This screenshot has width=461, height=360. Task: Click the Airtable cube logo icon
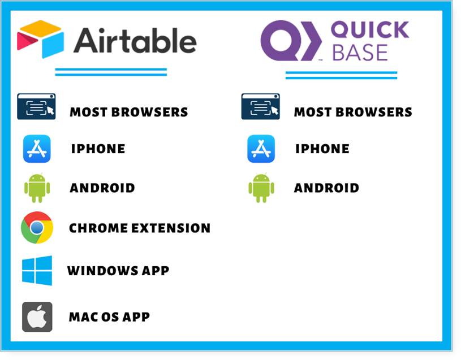[x=41, y=39]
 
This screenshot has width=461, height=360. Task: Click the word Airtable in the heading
[x=135, y=41]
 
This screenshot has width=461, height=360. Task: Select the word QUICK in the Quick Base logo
[x=370, y=29]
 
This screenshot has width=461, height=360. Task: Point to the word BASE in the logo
[x=360, y=53]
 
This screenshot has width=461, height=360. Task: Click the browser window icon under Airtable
[x=36, y=107]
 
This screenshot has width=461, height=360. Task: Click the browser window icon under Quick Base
[x=261, y=107]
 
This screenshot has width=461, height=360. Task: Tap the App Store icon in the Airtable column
[x=37, y=149]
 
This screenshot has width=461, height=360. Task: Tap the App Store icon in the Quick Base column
[x=261, y=149]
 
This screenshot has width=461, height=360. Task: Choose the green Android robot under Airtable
[x=37, y=188]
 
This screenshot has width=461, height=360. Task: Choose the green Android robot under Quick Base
[x=261, y=188]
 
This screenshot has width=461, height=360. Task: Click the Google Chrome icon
[x=37, y=228]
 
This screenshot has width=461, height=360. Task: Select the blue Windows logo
[x=37, y=271]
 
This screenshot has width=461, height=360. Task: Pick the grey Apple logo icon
[x=37, y=317]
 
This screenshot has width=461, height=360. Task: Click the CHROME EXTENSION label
[x=140, y=228]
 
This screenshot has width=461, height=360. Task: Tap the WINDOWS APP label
[x=118, y=271]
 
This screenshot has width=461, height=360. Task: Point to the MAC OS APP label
[x=109, y=317]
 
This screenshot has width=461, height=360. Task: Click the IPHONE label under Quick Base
[x=322, y=149]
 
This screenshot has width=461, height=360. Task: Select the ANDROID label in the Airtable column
[x=102, y=188]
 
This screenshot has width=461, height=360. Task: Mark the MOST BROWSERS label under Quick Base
[x=353, y=112]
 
